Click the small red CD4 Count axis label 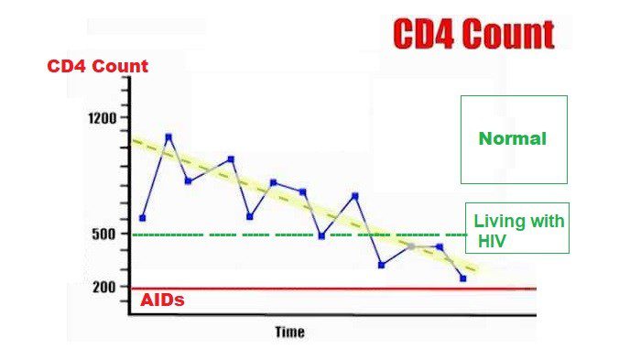(x=98, y=67)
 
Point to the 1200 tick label (x=103, y=118)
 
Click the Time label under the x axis (x=289, y=332)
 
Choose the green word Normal (x=513, y=139)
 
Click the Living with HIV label (x=517, y=230)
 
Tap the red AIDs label (x=162, y=300)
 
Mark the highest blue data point (x=168, y=137)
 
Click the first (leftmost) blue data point (x=143, y=218)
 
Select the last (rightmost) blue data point (x=463, y=278)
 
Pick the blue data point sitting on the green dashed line (x=321, y=235)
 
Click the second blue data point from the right (x=440, y=246)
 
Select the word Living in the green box (x=495, y=222)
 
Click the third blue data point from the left (x=188, y=180)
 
